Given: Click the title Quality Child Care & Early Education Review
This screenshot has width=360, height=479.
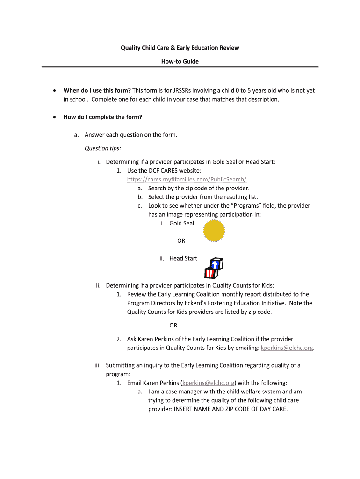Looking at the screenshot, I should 180,48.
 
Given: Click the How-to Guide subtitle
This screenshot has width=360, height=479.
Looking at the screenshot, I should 180,61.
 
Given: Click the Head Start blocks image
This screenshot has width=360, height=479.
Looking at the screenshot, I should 214,268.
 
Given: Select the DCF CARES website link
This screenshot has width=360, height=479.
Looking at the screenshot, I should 187,179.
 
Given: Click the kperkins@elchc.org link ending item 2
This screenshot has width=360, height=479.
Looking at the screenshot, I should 287,348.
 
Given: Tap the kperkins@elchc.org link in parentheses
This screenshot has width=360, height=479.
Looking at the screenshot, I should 208,382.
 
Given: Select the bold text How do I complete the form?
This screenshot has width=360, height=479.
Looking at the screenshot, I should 103,117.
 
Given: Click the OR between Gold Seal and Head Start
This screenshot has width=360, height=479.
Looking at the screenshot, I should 181,240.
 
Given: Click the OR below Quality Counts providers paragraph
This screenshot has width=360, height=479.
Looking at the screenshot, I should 173,325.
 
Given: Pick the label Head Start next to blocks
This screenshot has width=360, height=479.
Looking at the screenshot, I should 183,258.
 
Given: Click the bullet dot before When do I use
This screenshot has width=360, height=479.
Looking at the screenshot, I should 55,91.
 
